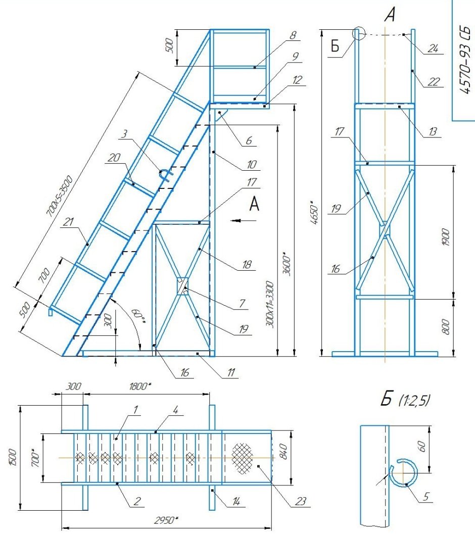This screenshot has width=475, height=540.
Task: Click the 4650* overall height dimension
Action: click(314, 213)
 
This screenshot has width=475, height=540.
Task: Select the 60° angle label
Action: click(137, 316)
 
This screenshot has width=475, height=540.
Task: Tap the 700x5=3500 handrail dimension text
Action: click(59, 197)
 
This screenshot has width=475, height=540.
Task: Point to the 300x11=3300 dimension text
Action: click(270, 305)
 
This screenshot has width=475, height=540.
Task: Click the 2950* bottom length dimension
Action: click(166, 520)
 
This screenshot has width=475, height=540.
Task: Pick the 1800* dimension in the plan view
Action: click(139, 386)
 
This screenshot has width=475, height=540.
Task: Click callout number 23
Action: click(300, 501)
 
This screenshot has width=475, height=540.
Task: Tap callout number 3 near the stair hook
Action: click(124, 134)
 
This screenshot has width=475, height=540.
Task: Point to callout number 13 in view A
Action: click(433, 131)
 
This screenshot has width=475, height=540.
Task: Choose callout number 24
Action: click(433, 48)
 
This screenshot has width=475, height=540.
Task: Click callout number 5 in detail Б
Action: click(426, 496)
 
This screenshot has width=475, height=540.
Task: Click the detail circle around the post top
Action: click(359, 33)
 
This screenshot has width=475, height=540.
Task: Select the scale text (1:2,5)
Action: click(414, 400)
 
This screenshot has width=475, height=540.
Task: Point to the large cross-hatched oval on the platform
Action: click(242, 457)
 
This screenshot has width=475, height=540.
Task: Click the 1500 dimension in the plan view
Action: click(13, 457)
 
